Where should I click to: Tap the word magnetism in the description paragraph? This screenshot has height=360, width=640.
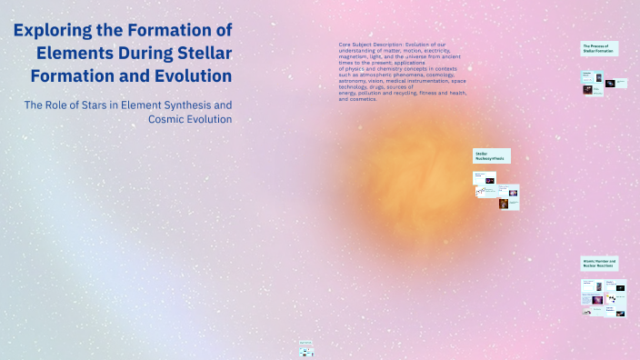[x=356, y=55]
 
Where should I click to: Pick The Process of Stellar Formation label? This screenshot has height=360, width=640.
[x=599, y=47]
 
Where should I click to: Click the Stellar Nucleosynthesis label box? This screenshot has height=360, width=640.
[x=491, y=156]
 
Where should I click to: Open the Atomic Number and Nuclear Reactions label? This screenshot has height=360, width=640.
[x=600, y=264]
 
